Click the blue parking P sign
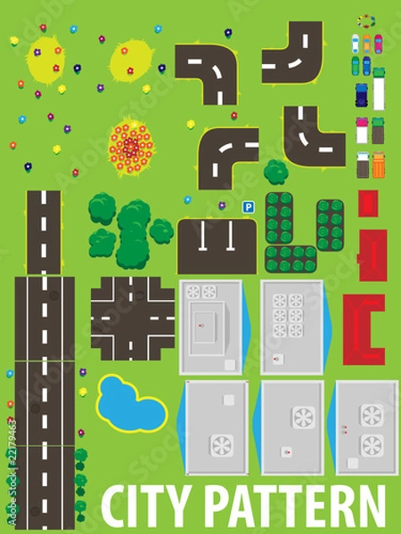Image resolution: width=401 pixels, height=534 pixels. [x=249, y=206]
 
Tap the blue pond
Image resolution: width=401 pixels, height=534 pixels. [x=131, y=401]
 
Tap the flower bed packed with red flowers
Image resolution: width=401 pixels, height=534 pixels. [x=132, y=146]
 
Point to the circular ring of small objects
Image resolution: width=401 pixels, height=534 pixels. [x=365, y=20]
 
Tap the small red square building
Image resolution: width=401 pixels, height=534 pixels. [x=367, y=204]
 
